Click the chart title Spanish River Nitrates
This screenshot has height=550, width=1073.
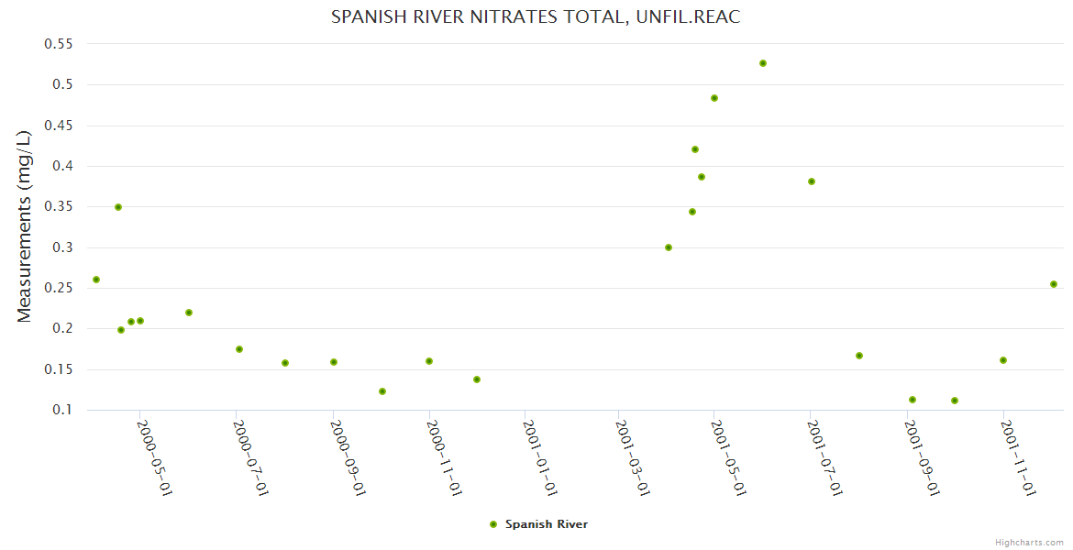[536, 16]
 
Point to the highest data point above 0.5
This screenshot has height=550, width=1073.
[763, 63]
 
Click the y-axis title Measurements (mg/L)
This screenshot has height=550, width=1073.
[24, 226]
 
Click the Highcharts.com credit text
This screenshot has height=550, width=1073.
[1029, 543]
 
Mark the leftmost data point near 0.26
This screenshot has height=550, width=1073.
[96, 280]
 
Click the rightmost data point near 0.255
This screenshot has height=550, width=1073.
[1054, 284]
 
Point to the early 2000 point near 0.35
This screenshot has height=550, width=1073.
[118, 207]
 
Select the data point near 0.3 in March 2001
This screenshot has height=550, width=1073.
[669, 247]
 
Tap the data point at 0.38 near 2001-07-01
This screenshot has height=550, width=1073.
[812, 181]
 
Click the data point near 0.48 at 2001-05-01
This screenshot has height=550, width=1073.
[714, 98]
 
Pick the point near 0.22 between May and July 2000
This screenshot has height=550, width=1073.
[189, 313]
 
